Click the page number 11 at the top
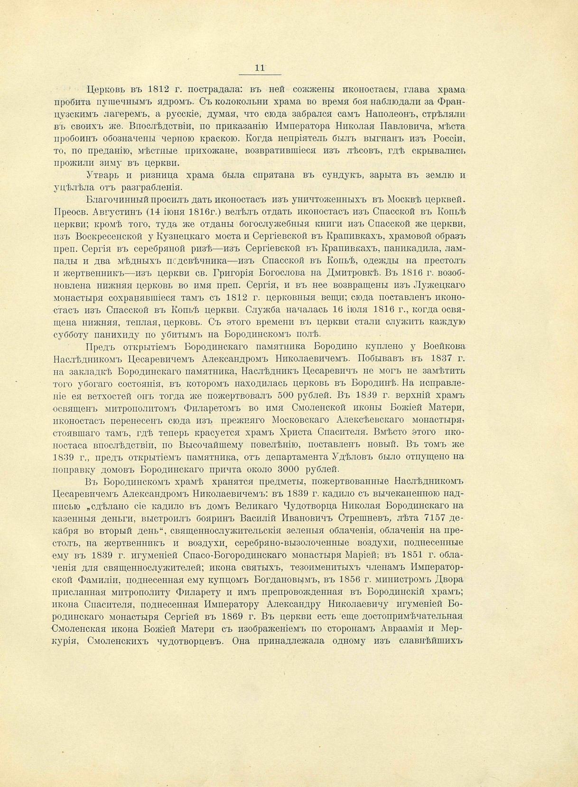(260, 68)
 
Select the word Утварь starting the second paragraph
(103, 175)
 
